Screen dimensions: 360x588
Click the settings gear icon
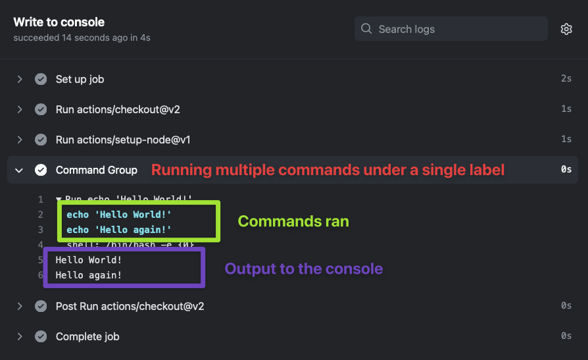point(566,29)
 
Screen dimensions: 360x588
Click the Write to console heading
point(59,22)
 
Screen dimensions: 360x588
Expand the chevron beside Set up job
point(20,79)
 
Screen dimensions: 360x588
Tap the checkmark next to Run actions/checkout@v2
point(41,109)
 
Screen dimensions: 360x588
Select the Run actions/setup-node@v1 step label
point(123,140)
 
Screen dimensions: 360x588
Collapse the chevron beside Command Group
point(20,170)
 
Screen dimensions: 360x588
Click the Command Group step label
point(97,170)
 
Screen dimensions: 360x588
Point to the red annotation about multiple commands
point(328,170)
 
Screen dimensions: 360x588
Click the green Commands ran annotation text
point(293,221)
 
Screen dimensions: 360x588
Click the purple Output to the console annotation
point(304,269)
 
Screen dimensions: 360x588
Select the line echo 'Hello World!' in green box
point(119,215)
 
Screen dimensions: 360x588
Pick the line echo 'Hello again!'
point(119,230)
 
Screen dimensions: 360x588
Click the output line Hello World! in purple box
point(89,260)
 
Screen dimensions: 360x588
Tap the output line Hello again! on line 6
point(89,275)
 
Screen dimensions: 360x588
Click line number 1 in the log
point(40,199)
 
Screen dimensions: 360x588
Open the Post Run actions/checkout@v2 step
point(130,306)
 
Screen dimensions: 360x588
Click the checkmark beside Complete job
point(41,336)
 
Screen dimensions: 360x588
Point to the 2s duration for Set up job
point(566,79)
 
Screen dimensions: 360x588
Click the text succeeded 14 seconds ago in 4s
point(82,38)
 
